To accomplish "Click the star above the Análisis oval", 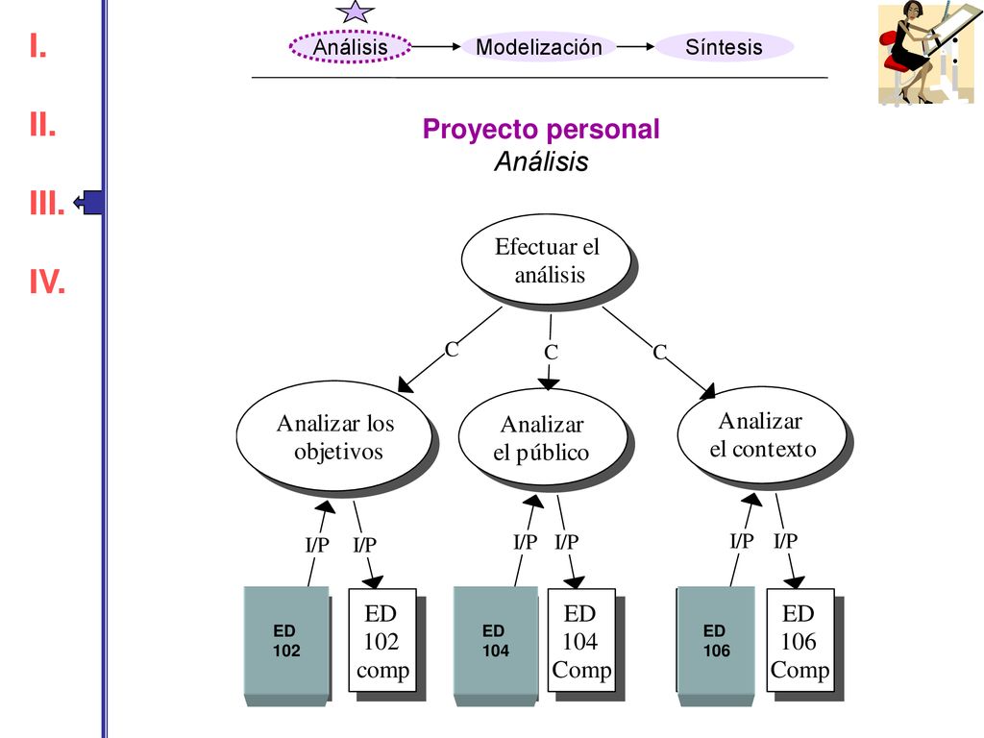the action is pos(356,12).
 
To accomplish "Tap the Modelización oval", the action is pos(538,46).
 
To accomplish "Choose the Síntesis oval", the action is pos(725,46).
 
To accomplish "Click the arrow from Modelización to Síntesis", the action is pos(635,46).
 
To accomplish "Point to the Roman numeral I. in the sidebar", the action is pos(38,46).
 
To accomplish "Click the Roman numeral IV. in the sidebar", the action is pos(47,282).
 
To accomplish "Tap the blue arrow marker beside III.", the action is pos(88,202).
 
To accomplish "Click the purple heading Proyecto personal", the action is pos(541,129).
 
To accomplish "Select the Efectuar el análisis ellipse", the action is pos(547,259).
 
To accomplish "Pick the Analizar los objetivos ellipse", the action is pos(335,437).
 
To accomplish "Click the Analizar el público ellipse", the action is pos(544,438).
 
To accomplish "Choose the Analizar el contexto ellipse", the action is pos(762,434).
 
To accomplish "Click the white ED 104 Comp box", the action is pos(581,640).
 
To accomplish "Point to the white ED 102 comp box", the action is pos(382,640).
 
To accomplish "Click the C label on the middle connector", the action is pos(551,352).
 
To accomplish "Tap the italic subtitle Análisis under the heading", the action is pos(542,161).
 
